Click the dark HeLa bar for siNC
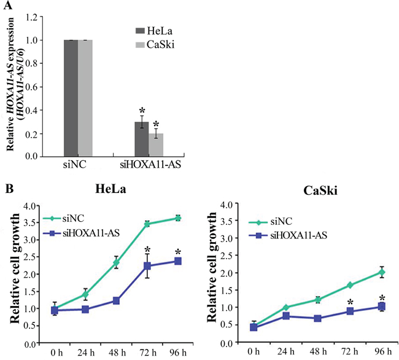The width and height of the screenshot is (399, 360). (69, 98)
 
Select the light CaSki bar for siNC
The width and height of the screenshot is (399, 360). (85, 98)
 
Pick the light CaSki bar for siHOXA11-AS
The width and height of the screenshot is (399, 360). (156, 145)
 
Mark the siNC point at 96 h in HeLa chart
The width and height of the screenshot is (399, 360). (178, 218)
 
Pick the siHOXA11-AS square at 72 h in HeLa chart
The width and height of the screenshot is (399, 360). (148, 266)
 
